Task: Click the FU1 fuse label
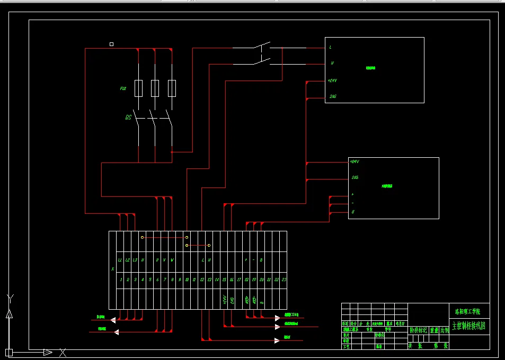pyautogui.click(x=123, y=88)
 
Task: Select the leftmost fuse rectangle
pyautogui.click(x=138, y=88)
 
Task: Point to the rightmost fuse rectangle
pyautogui.click(x=172, y=88)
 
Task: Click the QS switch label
pyautogui.click(x=128, y=118)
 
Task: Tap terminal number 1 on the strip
pyautogui.click(x=121, y=280)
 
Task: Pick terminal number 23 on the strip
pyautogui.click(x=284, y=280)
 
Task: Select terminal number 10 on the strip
pyautogui.click(x=187, y=280)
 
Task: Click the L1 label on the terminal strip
pyautogui.click(x=120, y=260)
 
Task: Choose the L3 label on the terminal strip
pyautogui.click(x=135, y=260)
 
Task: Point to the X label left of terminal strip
pyautogui.click(x=112, y=269)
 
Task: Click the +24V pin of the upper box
pyautogui.click(x=333, y=81)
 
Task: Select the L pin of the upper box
pyautogui.click(x=331, y=47)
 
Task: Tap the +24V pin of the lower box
pyautogui.click(x=355, y=161)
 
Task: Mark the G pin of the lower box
pyautogui.click(x=352, y=212)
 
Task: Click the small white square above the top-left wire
pyautogui.click(x=111, y=44)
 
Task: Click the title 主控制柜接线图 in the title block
pyautogui.click(x=468, y=326)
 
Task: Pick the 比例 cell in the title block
pyautogui.click(x=444, y=330)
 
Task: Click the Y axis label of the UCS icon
pyautogui.click(x=10, y=298)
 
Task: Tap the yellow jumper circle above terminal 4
pyautogui.click(x=143, y=238)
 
